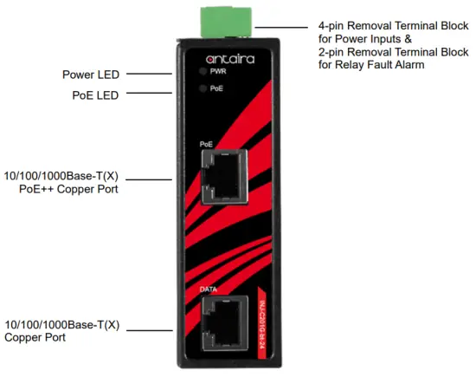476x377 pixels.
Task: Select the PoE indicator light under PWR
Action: [203, 88]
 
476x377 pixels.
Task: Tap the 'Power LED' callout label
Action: [91, 75]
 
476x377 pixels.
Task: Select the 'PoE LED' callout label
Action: [95, 94]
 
